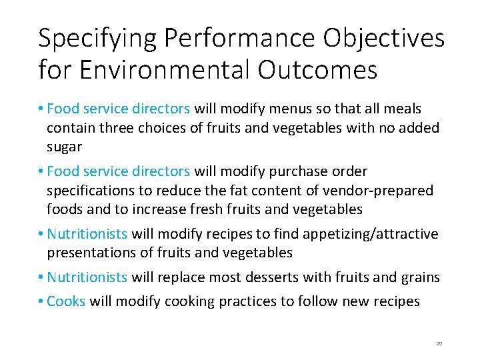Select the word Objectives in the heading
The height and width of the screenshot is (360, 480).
[x=384, y=39]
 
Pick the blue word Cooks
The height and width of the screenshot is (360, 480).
[x=66, y=301]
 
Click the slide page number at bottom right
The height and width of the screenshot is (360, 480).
[x=439, y=343]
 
